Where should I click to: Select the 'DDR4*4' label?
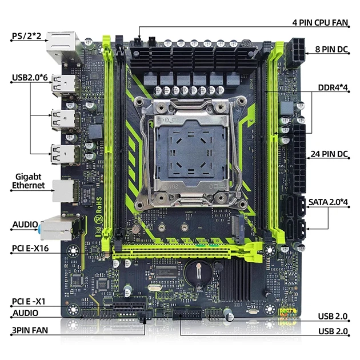pyautogui.click(x=334, y=89)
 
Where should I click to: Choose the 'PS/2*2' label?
pyautogui.click(x=26, y=37)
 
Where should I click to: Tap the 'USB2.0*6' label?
pyautogui.click(x=30, y=77)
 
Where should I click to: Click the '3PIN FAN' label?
pyautogui.click(x=30, y=330)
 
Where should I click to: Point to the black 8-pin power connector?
pyautogui.click(x=298, y=51)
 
